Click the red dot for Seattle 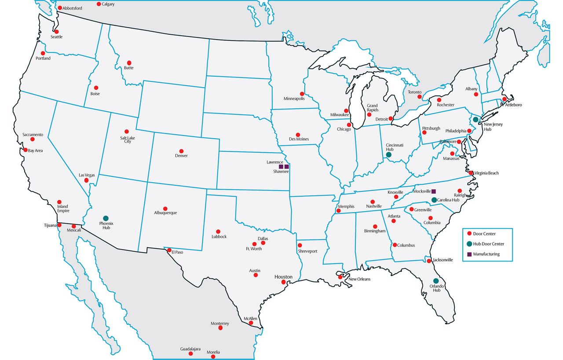pos(56,32)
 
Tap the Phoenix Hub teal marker pos(106,218)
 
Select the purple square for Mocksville pos(433,191)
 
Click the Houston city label pos(283,277)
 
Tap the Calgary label pos(108,4)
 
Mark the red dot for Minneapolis pos(302,94)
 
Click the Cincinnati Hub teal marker pos(389,154)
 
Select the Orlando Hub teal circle pos(436,281)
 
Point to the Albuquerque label pos(165,213)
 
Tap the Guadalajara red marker pos(190,354)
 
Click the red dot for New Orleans pos(340,277)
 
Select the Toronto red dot pos(420,97)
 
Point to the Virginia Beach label pos(486,173)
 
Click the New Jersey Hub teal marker pos(475,119)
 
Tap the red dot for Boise pos(96,88)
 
